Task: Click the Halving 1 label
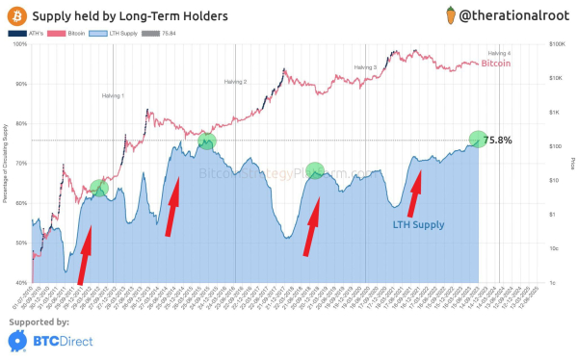114,96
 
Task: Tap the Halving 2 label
236,83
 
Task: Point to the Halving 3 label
364,67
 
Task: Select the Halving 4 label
499,53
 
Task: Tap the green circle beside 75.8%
478,139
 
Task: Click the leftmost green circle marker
99,188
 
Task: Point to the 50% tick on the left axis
21,243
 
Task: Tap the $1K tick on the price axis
554,113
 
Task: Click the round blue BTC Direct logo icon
16,340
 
